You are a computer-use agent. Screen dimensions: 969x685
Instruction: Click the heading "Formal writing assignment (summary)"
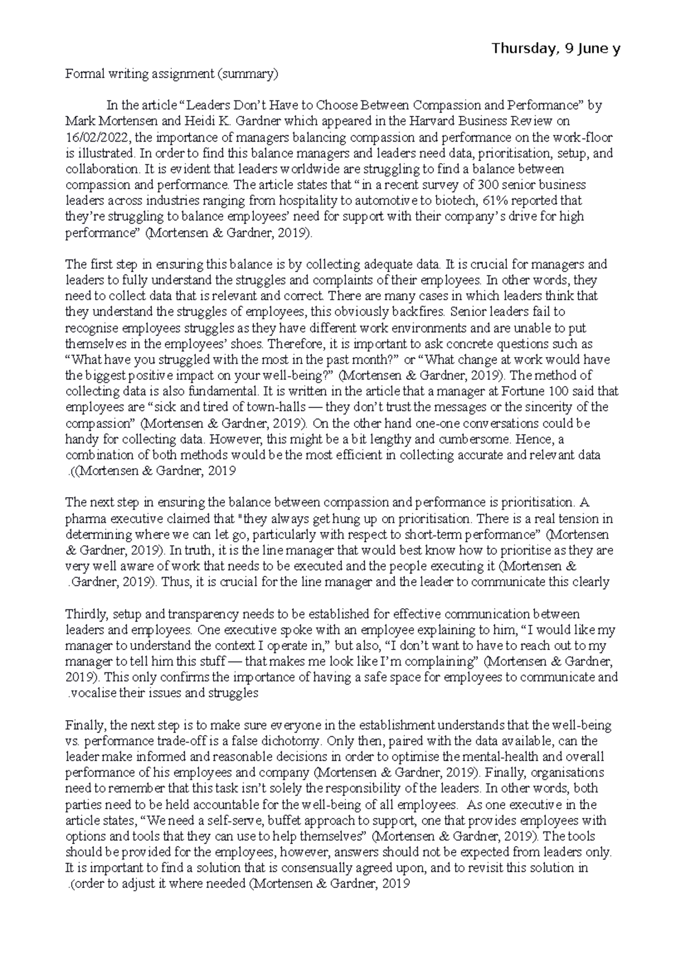(x=172, y=74)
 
